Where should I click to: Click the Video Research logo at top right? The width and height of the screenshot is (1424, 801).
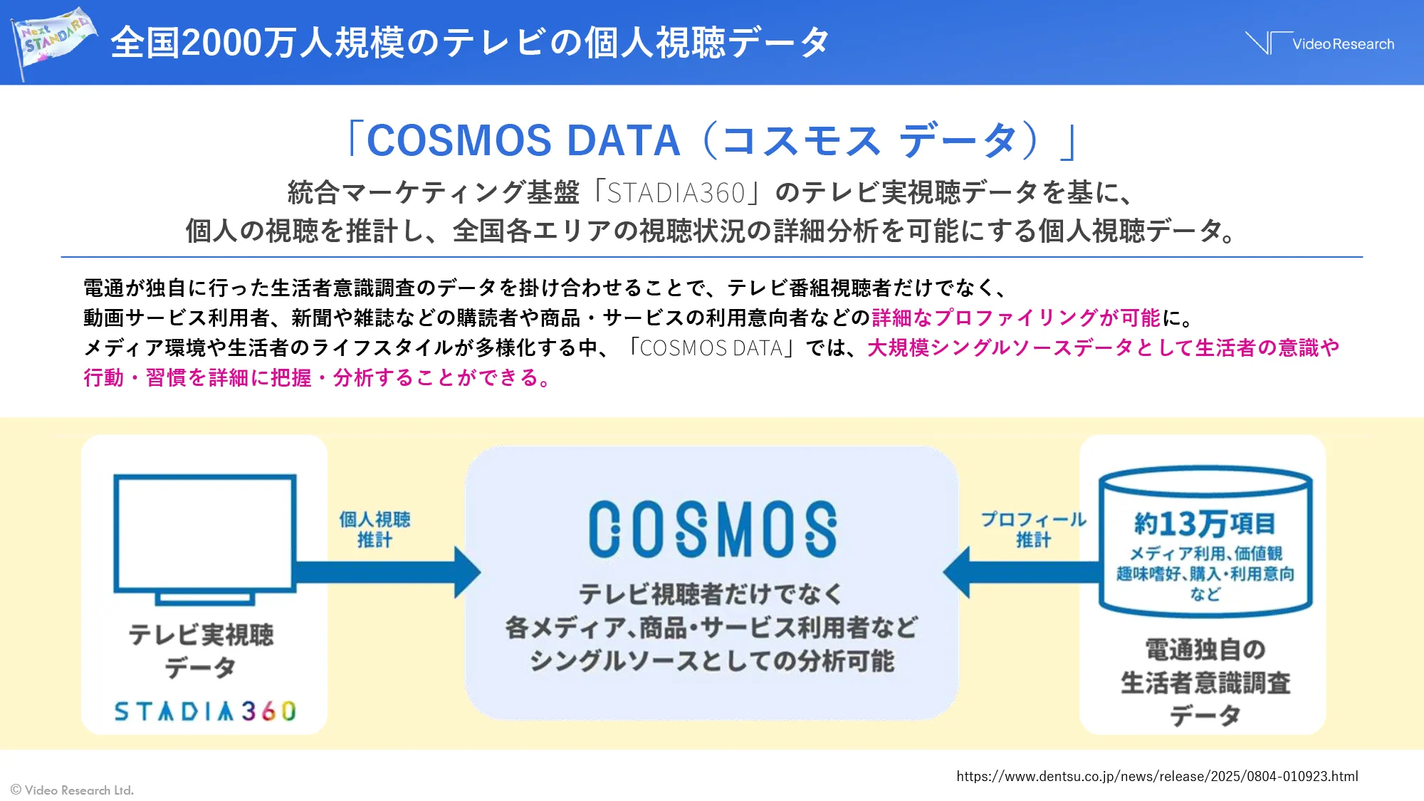click(1321, 43)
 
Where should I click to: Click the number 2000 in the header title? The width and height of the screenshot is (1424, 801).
click(221, 43)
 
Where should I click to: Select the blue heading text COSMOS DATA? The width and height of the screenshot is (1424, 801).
click(523, 140)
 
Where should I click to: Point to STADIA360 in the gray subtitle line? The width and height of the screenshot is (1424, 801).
click(676, 193)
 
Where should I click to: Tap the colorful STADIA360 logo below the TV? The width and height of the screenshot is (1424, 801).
click(205, 711)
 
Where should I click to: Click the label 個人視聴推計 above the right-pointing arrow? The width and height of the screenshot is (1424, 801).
click(375, 529)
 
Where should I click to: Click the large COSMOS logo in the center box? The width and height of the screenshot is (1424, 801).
click(712, 529)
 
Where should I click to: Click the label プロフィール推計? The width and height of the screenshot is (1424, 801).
click(1033, 529)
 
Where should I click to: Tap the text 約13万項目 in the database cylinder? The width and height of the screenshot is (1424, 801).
click(1205, 523)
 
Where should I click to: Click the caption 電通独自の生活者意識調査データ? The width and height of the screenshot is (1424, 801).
click(1205, 682)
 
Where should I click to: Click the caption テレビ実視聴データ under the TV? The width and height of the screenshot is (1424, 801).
click(201, 650)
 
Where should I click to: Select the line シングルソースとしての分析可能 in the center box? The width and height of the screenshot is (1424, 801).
click(712, 661)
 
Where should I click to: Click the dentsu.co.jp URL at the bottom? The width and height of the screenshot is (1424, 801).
click(1157, 776)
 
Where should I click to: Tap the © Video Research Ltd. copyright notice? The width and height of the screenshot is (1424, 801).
click(72, 790)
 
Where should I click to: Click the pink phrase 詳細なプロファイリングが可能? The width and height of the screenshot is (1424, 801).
click(1016, 318)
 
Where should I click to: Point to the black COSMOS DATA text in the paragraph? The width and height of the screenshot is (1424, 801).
click(711, 347)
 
